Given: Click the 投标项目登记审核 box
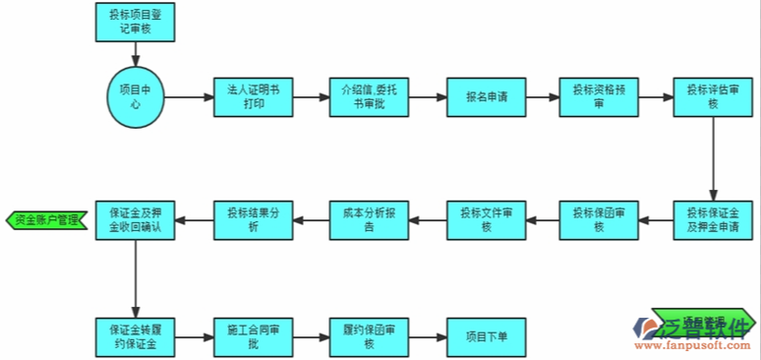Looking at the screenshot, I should tap(136, 22).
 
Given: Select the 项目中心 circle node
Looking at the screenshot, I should tap(136, 97).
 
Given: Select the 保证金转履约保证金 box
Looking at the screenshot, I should tap(136, 336).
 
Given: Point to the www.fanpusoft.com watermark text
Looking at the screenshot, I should tap(693, 345).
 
